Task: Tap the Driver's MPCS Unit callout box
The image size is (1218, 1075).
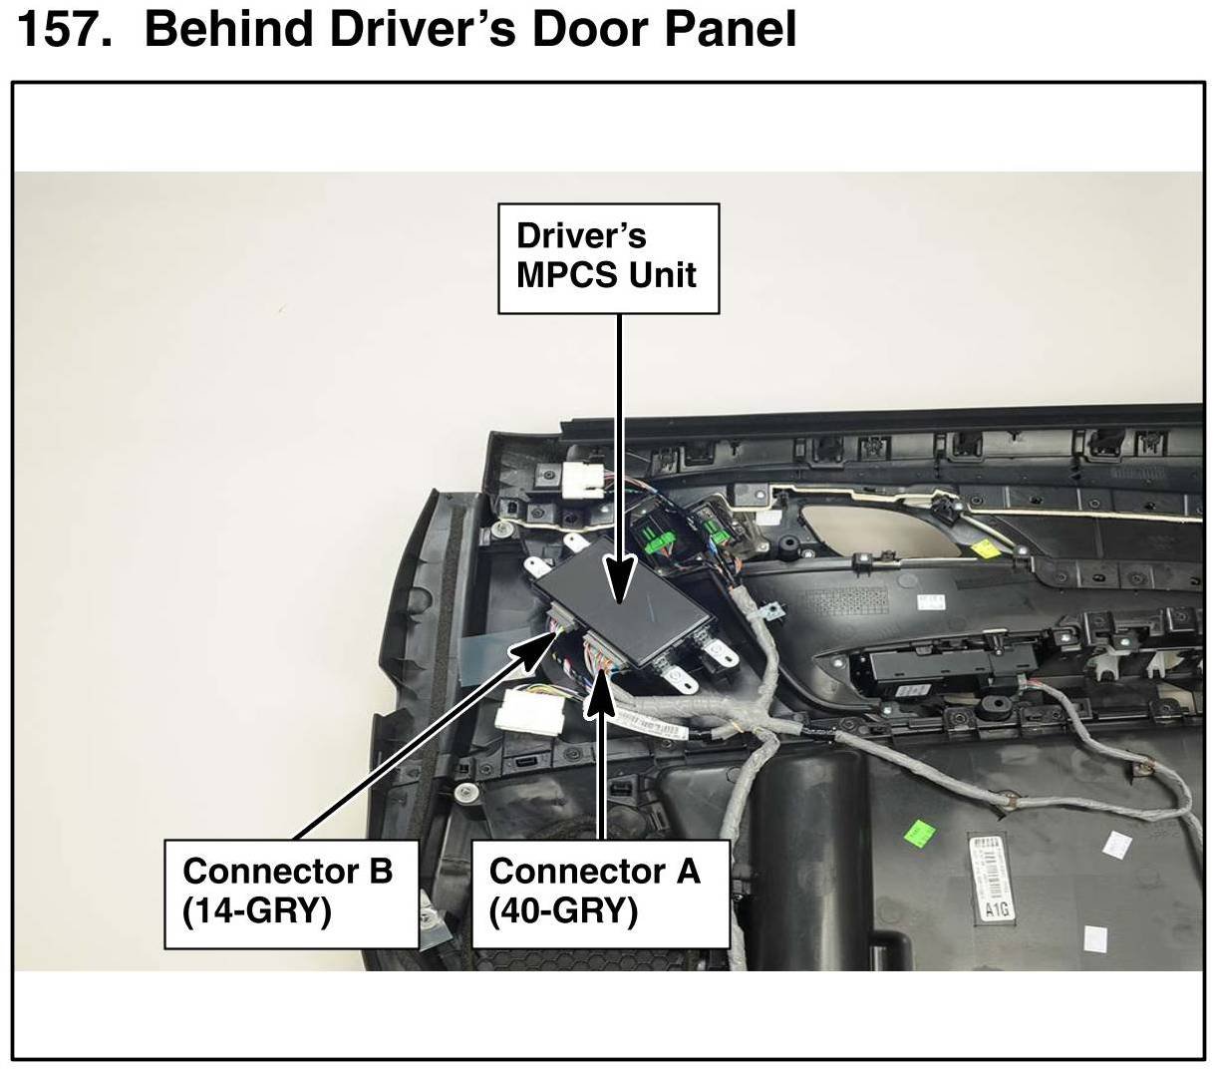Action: click(608, 258)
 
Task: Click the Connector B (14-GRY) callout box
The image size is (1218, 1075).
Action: click(290, 893)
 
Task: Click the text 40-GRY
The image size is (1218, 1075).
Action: click(564, 911)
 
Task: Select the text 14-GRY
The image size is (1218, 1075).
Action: click(257, 911)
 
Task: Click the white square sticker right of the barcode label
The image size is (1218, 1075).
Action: click(1113, 845)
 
